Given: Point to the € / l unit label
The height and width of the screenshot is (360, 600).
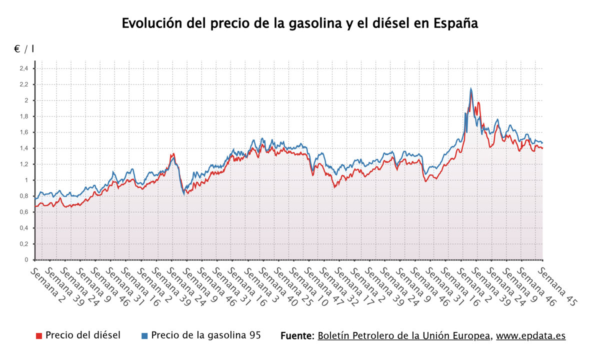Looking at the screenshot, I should tap(24, 49).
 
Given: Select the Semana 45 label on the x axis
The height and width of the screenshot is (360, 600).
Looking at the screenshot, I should tap(556, 286).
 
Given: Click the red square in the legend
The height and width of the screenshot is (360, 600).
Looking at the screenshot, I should tap(39, 335).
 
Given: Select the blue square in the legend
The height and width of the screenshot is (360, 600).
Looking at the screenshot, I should tap(144, 335).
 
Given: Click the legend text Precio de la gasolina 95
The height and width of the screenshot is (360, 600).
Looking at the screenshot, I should tap(206, 335).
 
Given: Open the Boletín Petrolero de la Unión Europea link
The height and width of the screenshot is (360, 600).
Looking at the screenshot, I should tap(404, 335).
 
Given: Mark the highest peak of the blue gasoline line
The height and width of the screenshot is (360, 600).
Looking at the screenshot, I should tap(471, 88).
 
